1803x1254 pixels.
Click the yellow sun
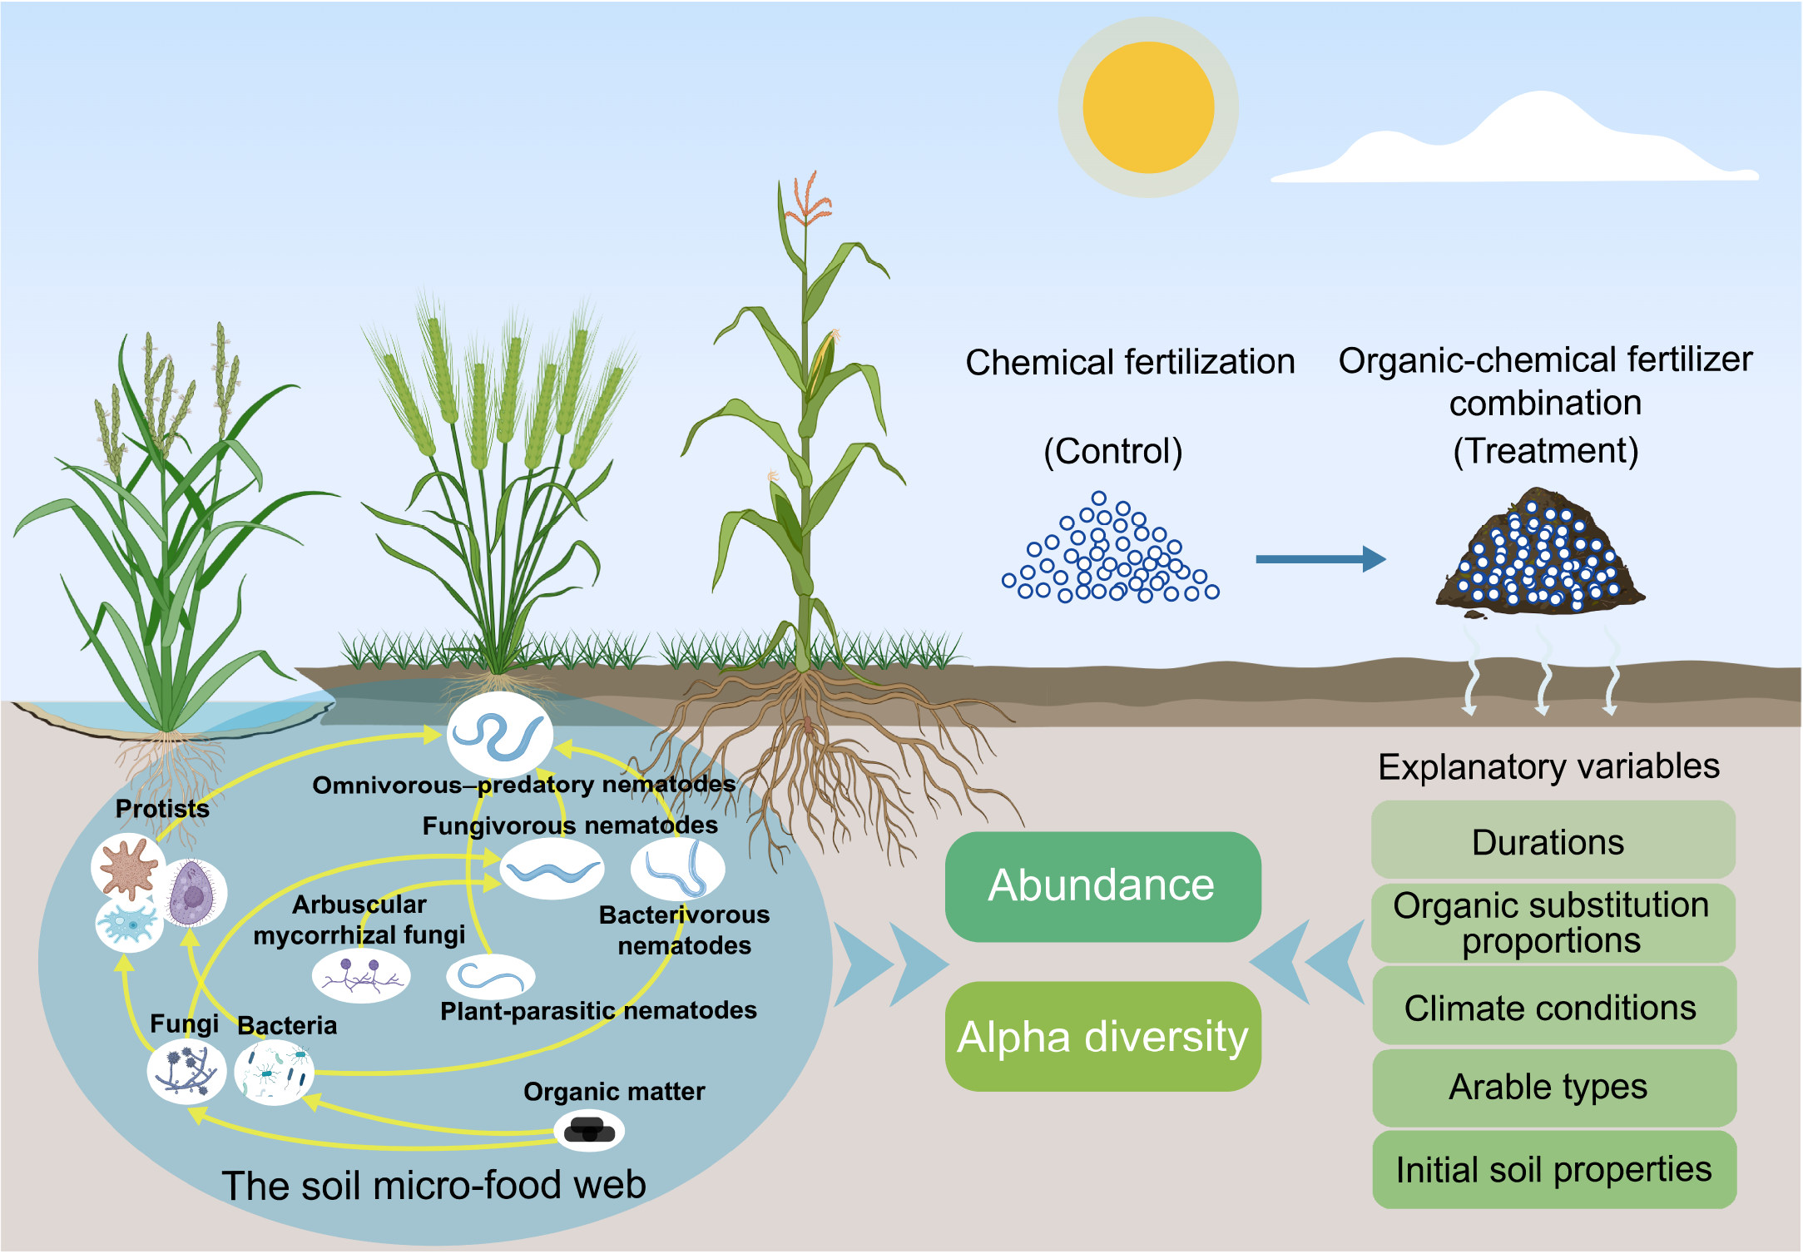[1148, 107]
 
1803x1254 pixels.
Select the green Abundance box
[1102, 886]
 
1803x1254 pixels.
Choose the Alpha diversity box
[1102, 1037]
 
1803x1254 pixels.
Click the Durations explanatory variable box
[1553, 841]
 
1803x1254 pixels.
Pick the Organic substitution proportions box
[1553, 923]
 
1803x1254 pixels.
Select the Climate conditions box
[1553, 1007]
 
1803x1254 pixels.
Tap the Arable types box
[1553, 1087]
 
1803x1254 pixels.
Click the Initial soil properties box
[1553, 1169]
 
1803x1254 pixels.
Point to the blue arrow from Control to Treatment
[1320, 559]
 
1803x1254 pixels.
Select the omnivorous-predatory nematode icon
[500, 735]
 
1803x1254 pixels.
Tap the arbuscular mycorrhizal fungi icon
[361, 975]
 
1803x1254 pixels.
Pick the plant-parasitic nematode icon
[490, 977]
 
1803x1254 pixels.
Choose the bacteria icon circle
[274, 1073]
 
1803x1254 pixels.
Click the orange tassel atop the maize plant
[807, 200]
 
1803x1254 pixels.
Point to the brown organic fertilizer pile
[1539, 553]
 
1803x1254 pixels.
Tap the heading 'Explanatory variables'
[1548, 766]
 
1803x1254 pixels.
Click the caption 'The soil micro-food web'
[433, 1185]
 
